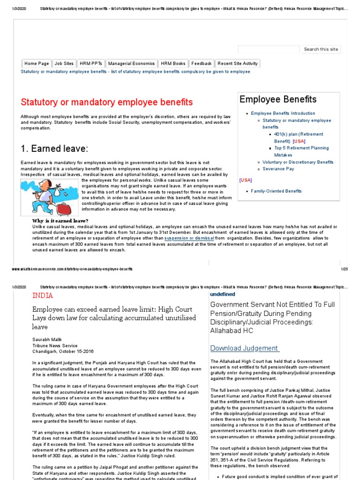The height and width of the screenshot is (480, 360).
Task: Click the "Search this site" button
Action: pyautogui.click(x=321, y=49)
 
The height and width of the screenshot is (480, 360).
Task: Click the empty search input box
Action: pyautogui.click(x=268, y=49)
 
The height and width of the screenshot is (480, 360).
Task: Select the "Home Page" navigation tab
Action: pyautogui.click(x=37, y=64)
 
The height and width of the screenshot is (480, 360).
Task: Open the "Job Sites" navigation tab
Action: pyautogui.click(x=64, y=64)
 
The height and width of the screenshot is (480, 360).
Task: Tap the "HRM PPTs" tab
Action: pyautogui.click(x=90, y=64)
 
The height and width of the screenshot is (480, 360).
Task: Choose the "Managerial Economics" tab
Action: pyautogui.click(x=131, y=64)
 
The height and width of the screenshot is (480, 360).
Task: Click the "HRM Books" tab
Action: pyautogui.click(x=173, y=64)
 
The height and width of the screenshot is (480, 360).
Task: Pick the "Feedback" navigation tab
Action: pyautogui.click(x=202, y=64)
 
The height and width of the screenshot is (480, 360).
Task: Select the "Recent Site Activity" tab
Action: pyautogui.click(x=238, y=64)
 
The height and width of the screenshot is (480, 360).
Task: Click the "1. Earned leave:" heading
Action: pyautogui.click(x=54, y=149)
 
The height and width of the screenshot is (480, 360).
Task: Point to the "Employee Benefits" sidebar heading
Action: pyautogui.click(x=278, y=99)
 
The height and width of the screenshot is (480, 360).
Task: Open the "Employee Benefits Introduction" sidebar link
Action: pyautogui.click(x=283, y=113)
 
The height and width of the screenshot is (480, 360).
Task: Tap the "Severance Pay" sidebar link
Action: pyautogui.click(x=278, y=169)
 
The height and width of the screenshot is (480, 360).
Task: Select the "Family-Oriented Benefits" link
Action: pyautogui.click(x=276, y=191)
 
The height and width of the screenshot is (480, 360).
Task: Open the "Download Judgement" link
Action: pyautogui.click(x=244, y=348)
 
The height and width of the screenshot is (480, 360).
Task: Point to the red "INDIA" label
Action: pyautogui.click(x=42, y=296)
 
